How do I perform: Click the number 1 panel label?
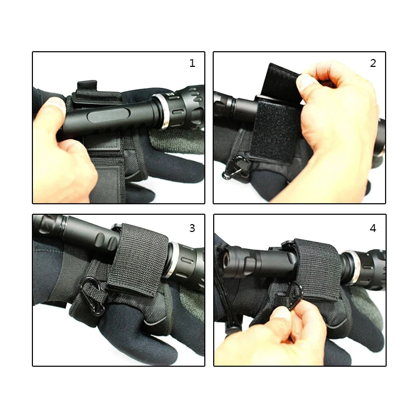[192, 63]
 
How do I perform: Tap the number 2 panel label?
[373, 63]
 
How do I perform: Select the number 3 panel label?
[192, 228]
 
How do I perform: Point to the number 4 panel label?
[373, 228]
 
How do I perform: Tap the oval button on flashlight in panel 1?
[104, 117]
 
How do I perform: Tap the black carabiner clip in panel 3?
[92, 296]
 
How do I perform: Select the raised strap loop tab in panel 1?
[87, 86]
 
